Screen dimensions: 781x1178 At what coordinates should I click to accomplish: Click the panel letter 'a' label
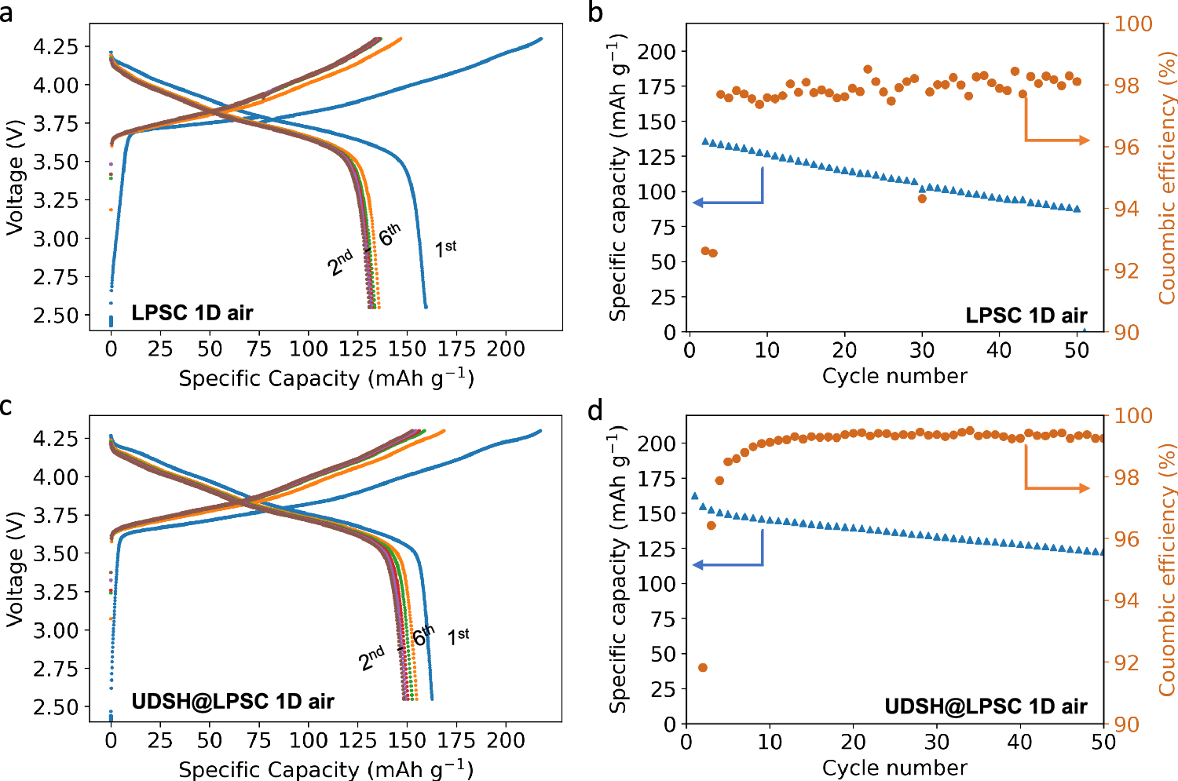(7, 13)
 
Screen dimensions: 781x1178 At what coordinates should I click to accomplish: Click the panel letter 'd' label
(596, 410)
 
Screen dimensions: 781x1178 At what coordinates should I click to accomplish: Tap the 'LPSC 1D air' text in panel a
(192, 313)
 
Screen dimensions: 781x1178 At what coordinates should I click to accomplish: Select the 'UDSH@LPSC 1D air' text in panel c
(232, 701)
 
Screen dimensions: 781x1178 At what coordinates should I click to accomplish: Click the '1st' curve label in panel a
(445, 249)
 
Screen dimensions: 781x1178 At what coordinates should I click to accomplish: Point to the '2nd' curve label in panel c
(371, 658)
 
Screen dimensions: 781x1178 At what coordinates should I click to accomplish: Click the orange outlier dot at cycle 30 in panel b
(922, 199)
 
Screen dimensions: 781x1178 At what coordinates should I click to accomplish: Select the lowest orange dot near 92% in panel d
(703, 667)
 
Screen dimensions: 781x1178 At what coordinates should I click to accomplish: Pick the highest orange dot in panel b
(868, 69)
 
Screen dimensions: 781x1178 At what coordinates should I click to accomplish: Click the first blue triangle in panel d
(694, 496)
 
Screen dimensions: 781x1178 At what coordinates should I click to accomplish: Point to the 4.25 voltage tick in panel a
(56, 46)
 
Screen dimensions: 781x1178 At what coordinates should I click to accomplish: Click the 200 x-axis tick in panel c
(505, 740)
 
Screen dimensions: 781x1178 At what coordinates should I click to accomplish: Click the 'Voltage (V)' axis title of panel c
(13, 569)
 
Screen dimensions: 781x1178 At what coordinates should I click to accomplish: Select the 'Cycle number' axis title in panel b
(894, 376)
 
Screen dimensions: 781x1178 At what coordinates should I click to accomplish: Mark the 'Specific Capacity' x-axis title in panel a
(326, 378)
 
